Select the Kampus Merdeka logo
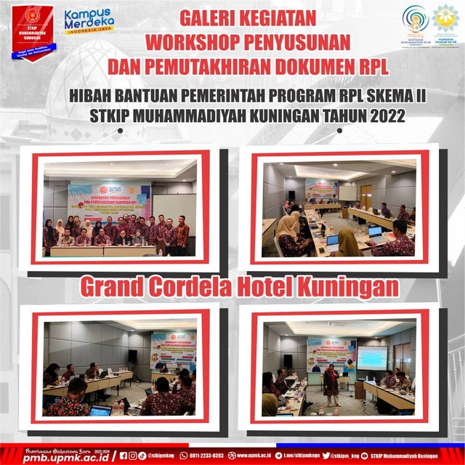click(x=89, y=22)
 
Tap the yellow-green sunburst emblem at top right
click(x=445, y=23)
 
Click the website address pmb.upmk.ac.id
click(x=60, y=458)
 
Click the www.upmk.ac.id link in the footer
click(x=251, y=456)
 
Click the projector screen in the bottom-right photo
click(x=372, y=357)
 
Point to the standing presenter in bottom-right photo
click(x=332, y=384)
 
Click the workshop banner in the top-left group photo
click(x=110, y=198)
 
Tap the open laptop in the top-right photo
click(x=377, y=234)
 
